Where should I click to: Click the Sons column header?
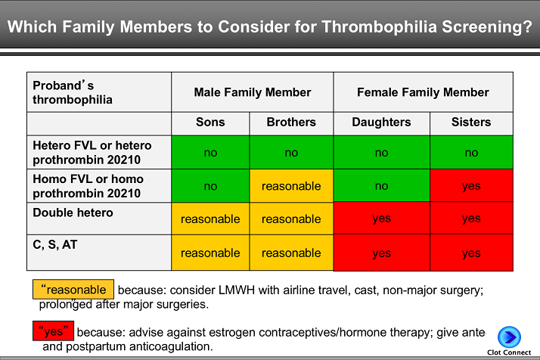210,122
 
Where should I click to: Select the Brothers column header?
291,122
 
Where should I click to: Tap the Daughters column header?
381,122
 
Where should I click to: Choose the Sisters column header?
471,122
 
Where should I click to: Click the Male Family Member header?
252,92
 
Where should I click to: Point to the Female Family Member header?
423,92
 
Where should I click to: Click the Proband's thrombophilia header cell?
99,92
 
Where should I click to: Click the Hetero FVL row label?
99,152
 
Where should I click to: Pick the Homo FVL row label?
99,186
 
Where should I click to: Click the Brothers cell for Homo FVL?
291,186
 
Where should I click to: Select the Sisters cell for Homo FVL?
471,186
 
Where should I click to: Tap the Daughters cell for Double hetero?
381,219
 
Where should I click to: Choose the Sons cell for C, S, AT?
210,253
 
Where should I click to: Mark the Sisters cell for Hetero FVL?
471,153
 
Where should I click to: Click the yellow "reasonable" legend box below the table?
73,290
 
